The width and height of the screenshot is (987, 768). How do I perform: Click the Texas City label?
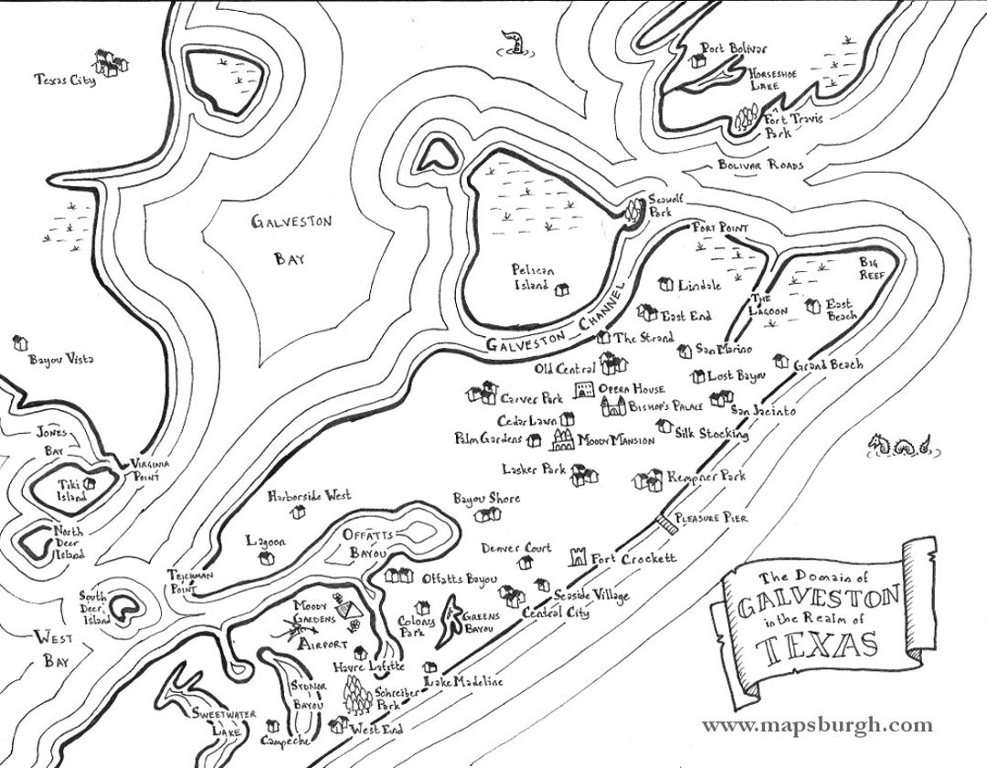point(65,80)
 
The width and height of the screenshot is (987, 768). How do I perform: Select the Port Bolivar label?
point(734,48)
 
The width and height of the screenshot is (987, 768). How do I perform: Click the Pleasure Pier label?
point(711,518)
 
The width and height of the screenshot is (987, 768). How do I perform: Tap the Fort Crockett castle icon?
point(578,556)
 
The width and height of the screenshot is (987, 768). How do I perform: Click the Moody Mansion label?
point(616,440)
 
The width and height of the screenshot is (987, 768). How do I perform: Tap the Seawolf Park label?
point(660,205)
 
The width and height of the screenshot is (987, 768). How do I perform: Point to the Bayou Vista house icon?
point(20,343)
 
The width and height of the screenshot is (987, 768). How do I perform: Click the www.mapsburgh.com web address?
point(817,726)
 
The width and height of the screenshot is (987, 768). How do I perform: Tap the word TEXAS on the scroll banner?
point(817,647)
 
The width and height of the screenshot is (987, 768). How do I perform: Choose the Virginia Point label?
point(151,470)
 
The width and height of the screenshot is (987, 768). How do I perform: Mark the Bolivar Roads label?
point(760,165)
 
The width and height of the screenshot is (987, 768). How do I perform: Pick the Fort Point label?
point(720,227)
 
